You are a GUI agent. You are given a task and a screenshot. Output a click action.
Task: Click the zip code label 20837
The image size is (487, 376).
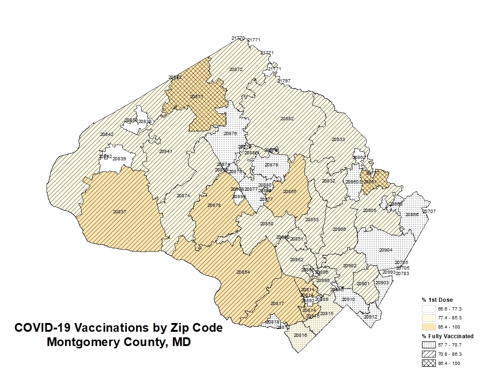(119, 212)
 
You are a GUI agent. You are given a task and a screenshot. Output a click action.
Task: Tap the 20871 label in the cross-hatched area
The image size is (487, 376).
(197, 97)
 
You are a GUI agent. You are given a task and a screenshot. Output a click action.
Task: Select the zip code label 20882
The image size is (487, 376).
(287, 119)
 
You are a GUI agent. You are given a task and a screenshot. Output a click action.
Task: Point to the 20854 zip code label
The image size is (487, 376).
(243, 272)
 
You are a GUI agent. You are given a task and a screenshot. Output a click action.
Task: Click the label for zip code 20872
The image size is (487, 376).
(236, 70)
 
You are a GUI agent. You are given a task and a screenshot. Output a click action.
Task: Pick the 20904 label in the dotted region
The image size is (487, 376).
(386, 250)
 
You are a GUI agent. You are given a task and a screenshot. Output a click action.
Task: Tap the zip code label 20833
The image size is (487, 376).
(338, 139)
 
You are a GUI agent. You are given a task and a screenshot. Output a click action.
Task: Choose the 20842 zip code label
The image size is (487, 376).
(107, 135)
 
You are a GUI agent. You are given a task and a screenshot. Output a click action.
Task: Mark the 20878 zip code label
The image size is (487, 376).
(214, 205)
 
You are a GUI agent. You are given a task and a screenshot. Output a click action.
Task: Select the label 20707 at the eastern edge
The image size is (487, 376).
(429, 211)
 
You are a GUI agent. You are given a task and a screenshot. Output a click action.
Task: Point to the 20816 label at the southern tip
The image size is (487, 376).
(300, 335)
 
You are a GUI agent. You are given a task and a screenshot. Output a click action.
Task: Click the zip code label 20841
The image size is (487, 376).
(166, 152)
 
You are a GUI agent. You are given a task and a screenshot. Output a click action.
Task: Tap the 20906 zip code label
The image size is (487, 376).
(339, 229)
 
